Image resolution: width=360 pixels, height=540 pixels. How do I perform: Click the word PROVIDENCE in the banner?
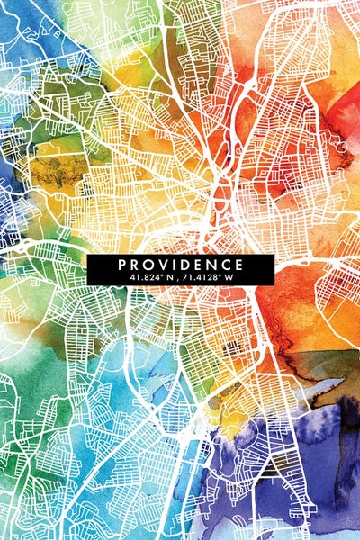pos(180,265)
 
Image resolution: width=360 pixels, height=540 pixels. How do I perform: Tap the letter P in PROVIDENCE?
pos(121,265)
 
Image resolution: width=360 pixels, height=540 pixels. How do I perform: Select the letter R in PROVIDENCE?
pos(134,265)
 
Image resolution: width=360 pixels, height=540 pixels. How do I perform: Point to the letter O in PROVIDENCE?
pos(148,265)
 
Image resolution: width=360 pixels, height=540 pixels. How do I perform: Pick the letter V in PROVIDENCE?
pos(163,265)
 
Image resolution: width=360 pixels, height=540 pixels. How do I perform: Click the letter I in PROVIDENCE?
pos(174,265)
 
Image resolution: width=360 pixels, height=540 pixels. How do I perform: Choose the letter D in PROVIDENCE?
pos(184,265)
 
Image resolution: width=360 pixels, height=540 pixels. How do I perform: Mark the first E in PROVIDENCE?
pos(198,265)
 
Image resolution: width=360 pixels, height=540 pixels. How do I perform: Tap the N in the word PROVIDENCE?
pos(211,265)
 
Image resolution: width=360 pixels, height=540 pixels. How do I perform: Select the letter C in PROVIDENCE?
pos(226,265)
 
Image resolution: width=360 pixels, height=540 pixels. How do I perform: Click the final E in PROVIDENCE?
pos(239,265)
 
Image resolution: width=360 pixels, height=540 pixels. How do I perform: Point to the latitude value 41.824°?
pos(145,277)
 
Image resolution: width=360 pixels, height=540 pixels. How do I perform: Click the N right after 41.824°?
pos(167,277)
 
